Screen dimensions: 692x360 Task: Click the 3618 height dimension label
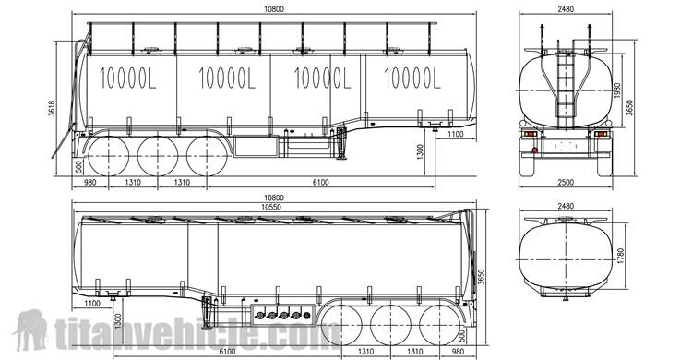[52, 108]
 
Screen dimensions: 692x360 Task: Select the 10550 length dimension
[271, 207]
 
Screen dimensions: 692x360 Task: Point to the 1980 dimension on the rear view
[617, 90]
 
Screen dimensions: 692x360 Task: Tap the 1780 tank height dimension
[621, 257]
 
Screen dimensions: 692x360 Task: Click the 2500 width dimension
[566, 182]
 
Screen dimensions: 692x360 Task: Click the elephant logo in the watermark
[30, 330]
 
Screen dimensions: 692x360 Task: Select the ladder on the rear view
[566, 84]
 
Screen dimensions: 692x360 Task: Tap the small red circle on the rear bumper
[535, 150]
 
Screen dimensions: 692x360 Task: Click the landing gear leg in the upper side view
[340, 143]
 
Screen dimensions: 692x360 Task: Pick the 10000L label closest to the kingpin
[412, 78]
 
